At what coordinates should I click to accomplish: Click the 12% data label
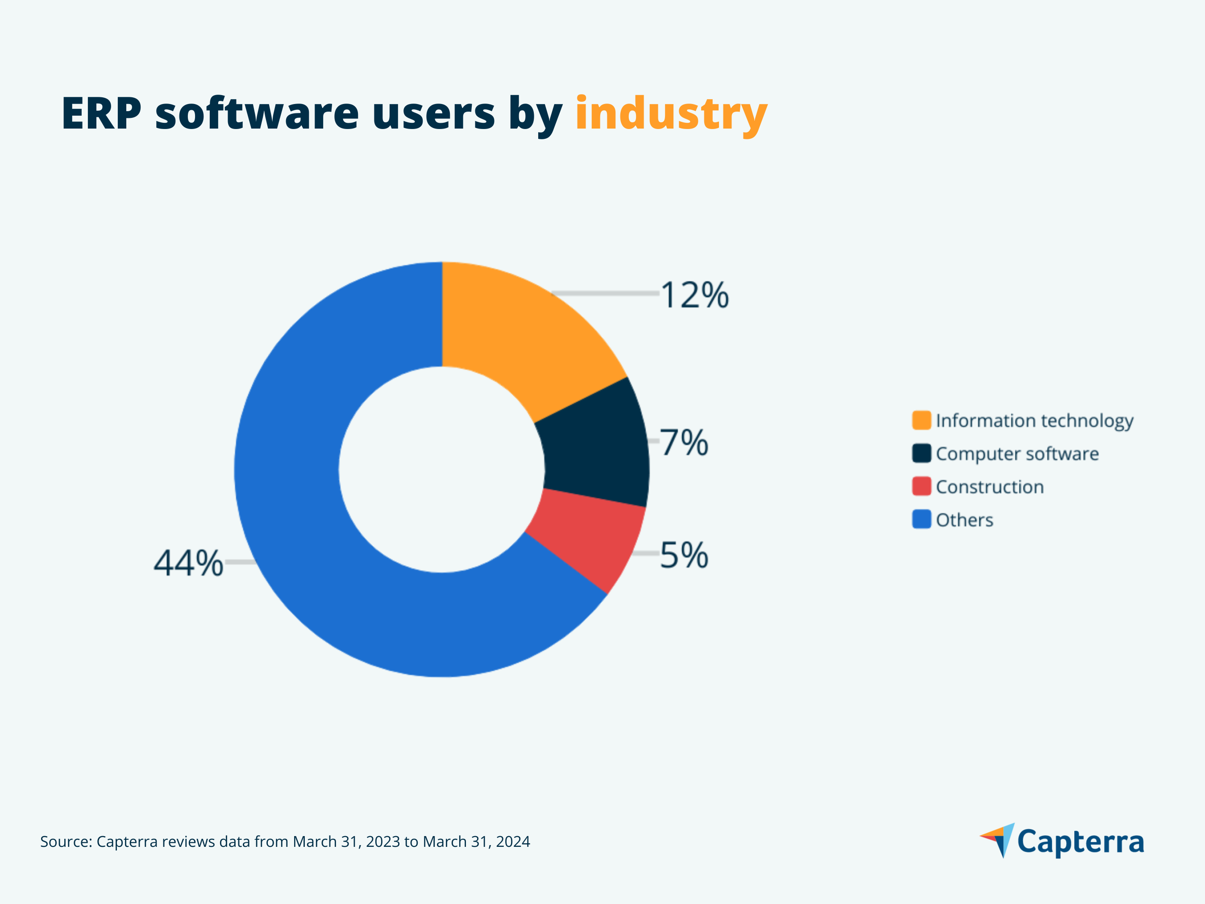pyautogui.click(x=694, y=296)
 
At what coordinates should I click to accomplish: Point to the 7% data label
pyautogui.click(x=685, y=442)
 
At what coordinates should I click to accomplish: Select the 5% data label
pyautogui.click(x=684, y=555)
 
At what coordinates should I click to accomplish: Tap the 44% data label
pyautogui.click(x=188, y=563)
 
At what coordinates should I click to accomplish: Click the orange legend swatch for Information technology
pyautogui.click(x=921, y=420)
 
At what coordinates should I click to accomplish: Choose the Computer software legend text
pyautogui.click(x=1017, y=454)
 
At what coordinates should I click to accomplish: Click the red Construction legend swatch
pyautogui.click(x=921, y=487)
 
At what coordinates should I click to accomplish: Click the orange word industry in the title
pyautogui.click(x=671, y=114)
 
